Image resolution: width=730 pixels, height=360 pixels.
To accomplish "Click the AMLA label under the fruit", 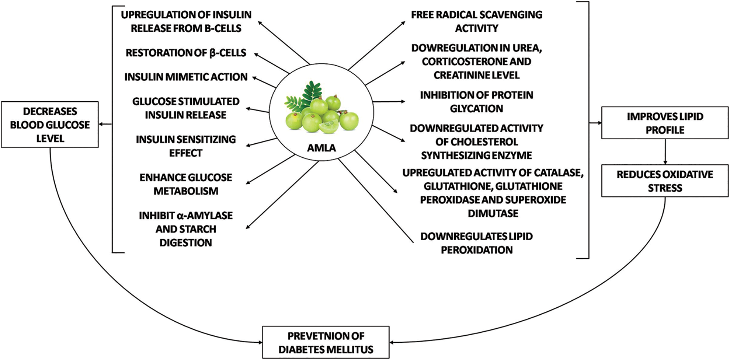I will (x=321, y=148).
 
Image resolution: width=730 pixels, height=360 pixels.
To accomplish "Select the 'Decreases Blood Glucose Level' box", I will (x=50, y=125).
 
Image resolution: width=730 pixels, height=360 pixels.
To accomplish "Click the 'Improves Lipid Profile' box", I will (x=665, y=123).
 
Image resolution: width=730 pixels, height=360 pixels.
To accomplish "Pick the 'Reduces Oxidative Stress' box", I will (x=665, y=181).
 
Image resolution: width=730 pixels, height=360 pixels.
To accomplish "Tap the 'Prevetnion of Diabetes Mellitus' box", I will (x=326, y=342).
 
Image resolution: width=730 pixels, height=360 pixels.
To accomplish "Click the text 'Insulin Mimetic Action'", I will (x=186, y=77).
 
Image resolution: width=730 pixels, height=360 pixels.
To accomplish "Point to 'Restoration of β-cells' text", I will (x=186, y=53).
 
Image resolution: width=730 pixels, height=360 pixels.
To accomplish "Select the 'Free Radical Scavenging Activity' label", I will (x=476, y=21).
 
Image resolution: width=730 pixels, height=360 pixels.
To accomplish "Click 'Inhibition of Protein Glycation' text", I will (x=476, y=102).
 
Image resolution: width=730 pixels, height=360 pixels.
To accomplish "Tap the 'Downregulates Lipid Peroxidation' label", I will (x=476, y=243).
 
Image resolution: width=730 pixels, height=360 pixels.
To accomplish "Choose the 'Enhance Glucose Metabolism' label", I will (x=186, y=184).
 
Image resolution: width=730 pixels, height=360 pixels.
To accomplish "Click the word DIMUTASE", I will (x=493, y=213).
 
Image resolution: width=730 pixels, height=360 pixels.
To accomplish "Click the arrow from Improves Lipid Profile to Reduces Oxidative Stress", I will (x=665, y=151).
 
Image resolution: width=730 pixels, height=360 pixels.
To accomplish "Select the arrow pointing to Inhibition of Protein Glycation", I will (x=389, y=101).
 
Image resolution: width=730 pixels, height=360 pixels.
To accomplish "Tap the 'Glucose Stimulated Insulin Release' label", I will (x=186, y=108).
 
